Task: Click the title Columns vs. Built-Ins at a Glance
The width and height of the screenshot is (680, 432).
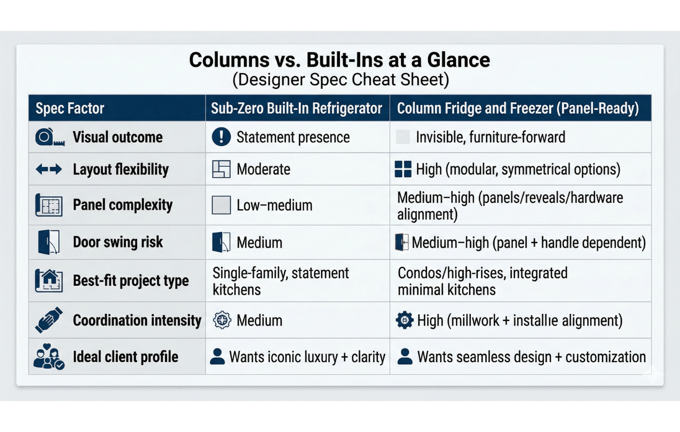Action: pos(339,60)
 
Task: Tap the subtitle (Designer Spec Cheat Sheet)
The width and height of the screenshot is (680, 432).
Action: pos(341,79)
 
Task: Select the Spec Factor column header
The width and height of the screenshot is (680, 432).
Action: pos(70,108)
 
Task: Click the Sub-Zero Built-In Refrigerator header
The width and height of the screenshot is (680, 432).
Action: pos(296,108)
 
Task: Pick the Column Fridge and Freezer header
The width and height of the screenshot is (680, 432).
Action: pos(518,108)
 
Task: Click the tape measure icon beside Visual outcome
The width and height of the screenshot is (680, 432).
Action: pos(50,137)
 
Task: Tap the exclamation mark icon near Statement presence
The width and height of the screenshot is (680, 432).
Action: pos(222,137)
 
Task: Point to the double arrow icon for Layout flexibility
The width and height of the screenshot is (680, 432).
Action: pos(49,169)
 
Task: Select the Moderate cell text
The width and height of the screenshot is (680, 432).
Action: pos(263,169)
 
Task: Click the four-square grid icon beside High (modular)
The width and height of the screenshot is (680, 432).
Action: pos(403,169)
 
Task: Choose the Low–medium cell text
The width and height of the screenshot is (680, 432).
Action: pos(274,205)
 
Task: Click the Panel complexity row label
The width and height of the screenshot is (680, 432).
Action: pos(123,205)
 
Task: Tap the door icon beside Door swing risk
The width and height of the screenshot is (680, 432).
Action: pos(49,242)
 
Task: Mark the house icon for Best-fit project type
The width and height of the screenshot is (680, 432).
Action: pos(49,281)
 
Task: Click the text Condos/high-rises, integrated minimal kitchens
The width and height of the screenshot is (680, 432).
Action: pos(483,281)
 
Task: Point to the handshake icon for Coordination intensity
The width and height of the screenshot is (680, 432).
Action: pos(49,320)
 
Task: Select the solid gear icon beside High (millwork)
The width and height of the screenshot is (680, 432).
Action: pos(405,320)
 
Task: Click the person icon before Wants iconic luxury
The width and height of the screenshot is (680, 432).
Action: pos(217,356)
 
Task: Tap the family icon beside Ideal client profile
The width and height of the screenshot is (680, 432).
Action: pos(49,356)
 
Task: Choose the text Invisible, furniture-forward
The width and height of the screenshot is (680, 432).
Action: pos(491,137)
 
